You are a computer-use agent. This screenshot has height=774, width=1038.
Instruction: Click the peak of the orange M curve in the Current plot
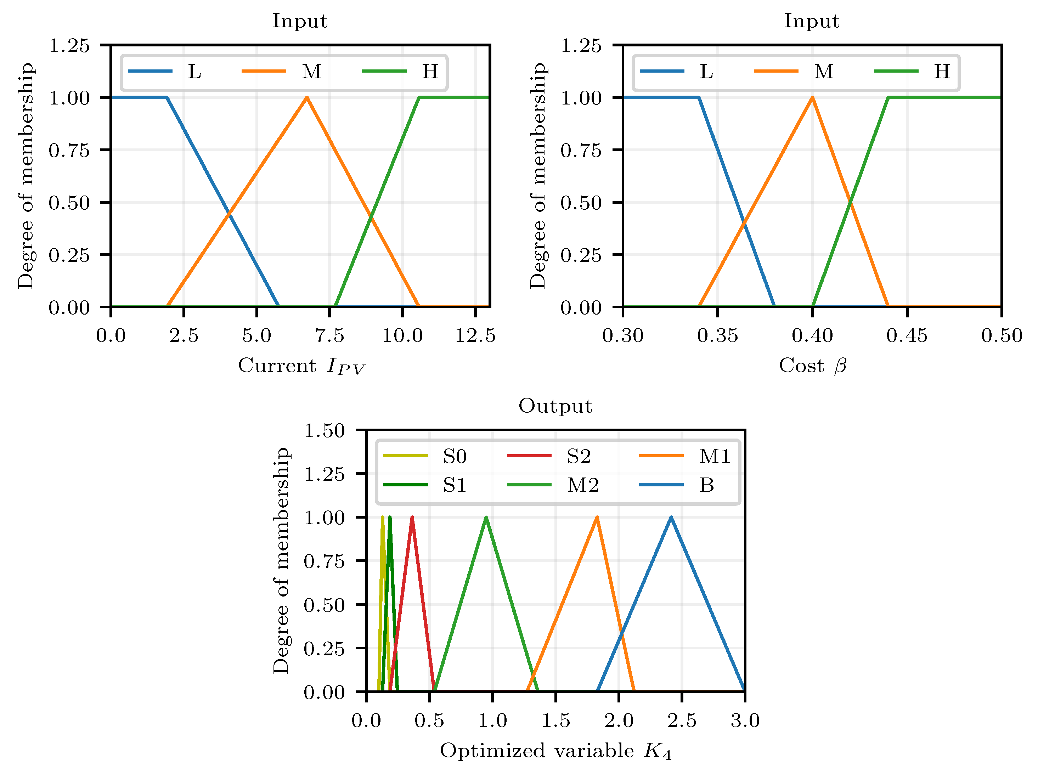click(306, 97)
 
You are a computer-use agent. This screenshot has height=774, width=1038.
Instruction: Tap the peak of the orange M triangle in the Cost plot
click(812, 97)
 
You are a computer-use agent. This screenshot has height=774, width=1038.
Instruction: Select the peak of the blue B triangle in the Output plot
click(671, 517)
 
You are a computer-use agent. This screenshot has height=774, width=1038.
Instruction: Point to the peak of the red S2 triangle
click(412, 517)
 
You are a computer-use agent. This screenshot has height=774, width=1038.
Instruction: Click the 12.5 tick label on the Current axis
click(475, 335)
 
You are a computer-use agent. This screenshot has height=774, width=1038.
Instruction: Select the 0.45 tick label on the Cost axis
click(907, 335)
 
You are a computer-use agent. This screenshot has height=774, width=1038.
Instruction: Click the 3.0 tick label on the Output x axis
click(745, 721)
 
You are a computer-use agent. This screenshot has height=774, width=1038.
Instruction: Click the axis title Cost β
click(812, 366)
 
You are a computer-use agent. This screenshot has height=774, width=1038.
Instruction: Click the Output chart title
click(555, 406)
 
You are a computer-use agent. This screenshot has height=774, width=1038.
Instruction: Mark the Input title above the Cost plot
click(812, 21)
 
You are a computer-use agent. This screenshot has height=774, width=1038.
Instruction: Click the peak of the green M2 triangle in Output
click(486, 517)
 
